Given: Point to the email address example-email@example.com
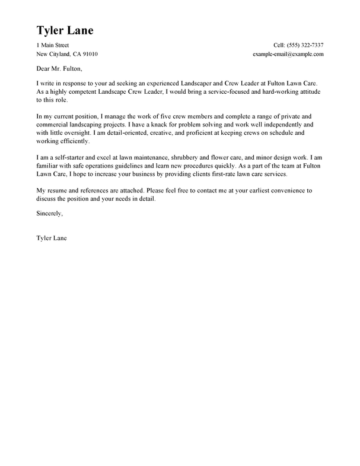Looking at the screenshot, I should point(287,54).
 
